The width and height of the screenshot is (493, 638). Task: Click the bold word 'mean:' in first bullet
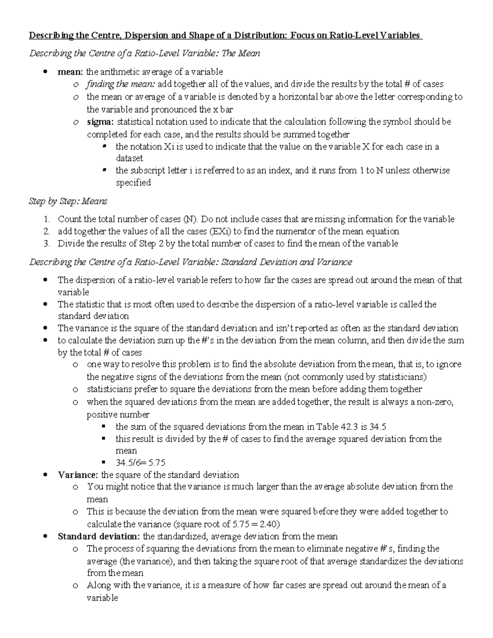pyautogui.click(x=70, y=72)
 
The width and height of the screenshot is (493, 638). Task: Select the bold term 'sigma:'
pyautogui.click(x=101, y=122)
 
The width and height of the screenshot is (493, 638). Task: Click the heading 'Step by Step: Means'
pyautogui.click(x=68, y=201)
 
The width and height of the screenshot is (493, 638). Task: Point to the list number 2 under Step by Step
pyautogui.click(x=46, y=231)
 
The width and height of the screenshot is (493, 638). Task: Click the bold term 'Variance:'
pyautogui.click(x=78, y=475)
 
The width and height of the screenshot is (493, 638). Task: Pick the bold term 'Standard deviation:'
pyautogui.click(x=99, y=537)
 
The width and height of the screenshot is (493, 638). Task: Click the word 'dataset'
pyautogui.click(x=129, y=158)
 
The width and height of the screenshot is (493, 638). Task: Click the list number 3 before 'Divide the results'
pyautogui.click(x=46, y=244)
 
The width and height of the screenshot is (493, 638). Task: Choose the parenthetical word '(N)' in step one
pyautogui.click(x=191, y=219)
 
